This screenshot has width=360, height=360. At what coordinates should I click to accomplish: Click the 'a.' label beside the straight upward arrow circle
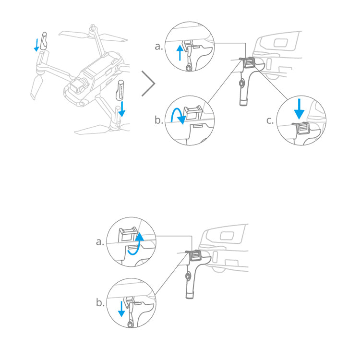point(159,47)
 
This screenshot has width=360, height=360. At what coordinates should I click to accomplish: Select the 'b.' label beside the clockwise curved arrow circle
point(159,120)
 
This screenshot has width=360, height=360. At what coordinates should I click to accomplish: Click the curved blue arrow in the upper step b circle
point(177,115)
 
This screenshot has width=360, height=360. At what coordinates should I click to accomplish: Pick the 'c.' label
point(270,120)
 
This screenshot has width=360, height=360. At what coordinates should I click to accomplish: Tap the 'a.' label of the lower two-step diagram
point(100,242)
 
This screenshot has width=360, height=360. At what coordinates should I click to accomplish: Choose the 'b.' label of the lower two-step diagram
point(100,303)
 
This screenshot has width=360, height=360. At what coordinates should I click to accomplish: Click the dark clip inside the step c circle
point(302,127)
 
